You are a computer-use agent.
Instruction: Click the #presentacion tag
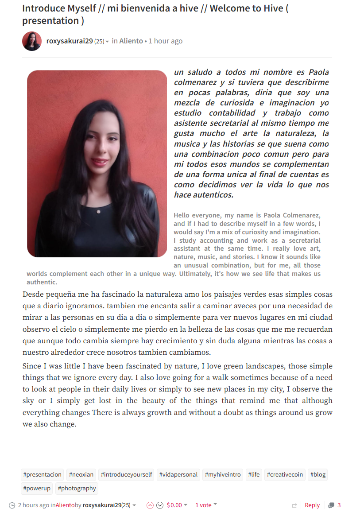pos(43,474)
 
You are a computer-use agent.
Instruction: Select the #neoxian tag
pos(81,474)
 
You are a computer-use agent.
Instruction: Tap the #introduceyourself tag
pos(126,474)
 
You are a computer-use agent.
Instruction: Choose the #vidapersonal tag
pos(178,474)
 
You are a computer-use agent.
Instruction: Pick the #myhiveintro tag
pos(223,474)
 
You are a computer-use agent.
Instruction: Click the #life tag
pos(254,474)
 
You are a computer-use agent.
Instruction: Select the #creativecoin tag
pos(285,474)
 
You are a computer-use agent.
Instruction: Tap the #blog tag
pos(317,474)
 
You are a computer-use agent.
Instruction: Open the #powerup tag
pos(37,488)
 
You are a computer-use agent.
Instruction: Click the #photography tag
pos(77,488)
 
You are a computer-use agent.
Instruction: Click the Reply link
pos(312,505)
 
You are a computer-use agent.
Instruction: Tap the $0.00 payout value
pos(174,505)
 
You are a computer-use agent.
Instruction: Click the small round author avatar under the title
pos(32,41)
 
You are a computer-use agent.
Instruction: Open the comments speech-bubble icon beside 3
pos(331,505)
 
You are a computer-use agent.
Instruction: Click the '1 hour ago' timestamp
pos(165,41)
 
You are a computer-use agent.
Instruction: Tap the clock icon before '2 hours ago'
pos(12,505)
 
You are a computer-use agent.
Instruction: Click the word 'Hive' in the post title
pos(271,8)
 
